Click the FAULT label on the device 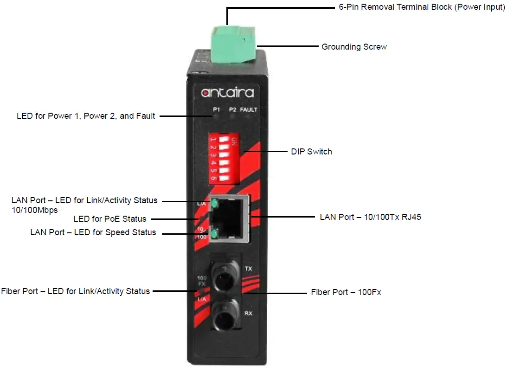point(248,110)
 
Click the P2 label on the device point(232,110)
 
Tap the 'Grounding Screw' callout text point(354,47)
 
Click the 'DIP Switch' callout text point(311,152)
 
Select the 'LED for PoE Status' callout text point(110,219)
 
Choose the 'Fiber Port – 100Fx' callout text point(346,292)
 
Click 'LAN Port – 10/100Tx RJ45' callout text point(370,217)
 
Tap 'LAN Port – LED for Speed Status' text point(93,232)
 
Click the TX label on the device point(248,269)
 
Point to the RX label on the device point(248,314)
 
